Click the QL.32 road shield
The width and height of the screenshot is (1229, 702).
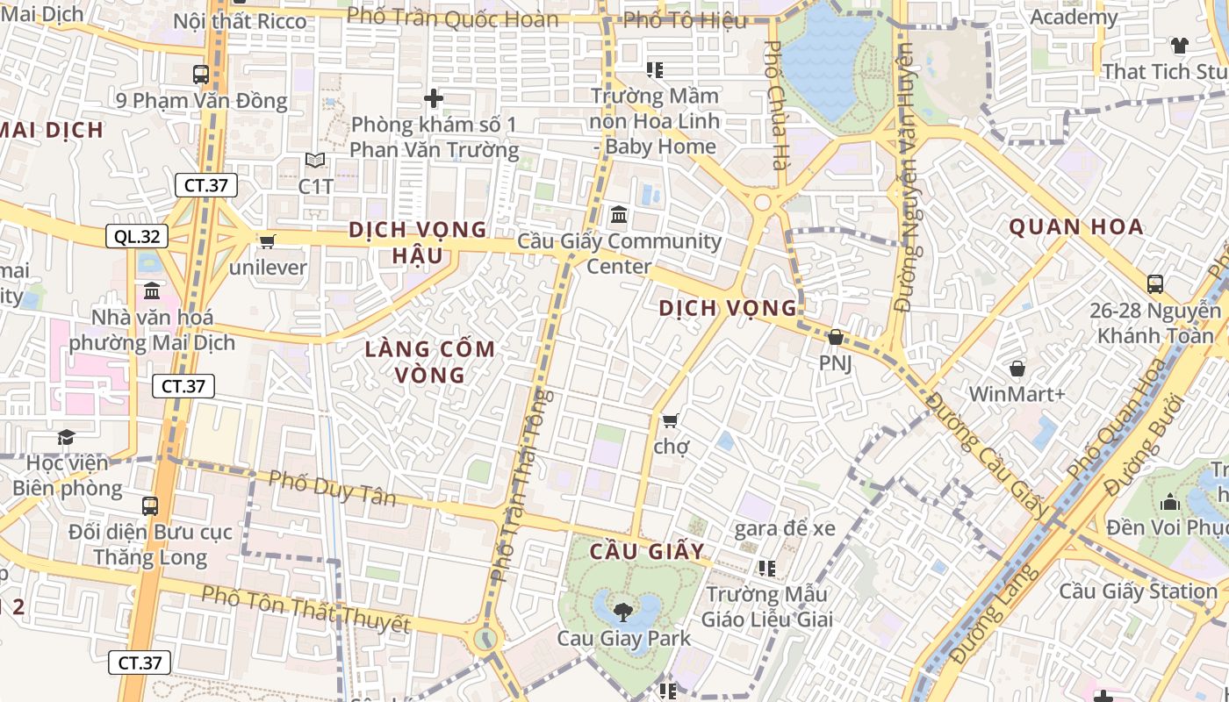[x=137, y=236]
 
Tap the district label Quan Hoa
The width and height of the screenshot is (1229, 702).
[x=1075, y=227]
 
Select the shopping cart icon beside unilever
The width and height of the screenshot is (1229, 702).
[x=267, y=240]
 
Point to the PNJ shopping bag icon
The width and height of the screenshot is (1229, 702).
[x=836, y=337]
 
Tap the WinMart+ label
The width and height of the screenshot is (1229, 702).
[x=1017, y=394]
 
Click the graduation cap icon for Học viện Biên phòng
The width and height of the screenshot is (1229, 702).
[x=66, y=437]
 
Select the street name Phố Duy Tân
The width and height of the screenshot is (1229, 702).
[x=332, y=488]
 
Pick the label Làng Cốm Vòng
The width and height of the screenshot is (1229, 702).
[x=430, y=362]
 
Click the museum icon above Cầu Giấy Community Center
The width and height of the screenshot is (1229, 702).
[x=618, y=214]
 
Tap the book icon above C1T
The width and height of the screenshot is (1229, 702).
[x=315, y=161]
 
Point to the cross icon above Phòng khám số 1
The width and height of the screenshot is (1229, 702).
[x=434, y=98]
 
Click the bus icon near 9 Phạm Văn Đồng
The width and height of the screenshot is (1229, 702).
[x=201, y=75]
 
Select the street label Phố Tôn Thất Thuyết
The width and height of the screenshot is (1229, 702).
[x=305, y=609]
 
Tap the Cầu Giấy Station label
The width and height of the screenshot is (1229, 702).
[x=1138, y=591]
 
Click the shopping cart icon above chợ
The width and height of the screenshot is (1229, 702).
[x=671, y=421]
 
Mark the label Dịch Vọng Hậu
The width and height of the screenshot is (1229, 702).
[x=418, y=241]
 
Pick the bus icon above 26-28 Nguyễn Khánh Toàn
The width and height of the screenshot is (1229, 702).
[x=1155, y=284]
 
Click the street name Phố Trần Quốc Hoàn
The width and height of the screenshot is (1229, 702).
[x=452, y=18]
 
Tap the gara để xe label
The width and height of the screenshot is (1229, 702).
[x=784, y=528]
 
